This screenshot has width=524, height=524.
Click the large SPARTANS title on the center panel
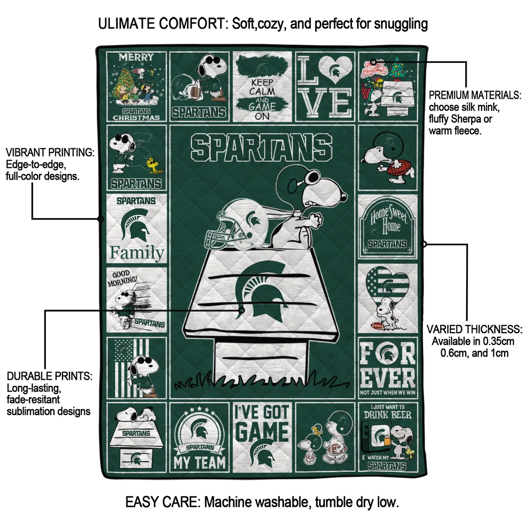[x=261, y=147]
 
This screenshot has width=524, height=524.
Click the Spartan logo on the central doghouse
[x=261, y=289]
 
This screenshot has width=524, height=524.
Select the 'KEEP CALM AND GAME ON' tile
[x=262, y=86]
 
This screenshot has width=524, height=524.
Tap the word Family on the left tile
[x=137, y=253]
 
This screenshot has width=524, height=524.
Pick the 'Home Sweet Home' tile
[x=387, y=226]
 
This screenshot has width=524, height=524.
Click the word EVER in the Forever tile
[x=387, y=378]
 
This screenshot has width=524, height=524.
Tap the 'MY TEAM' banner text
[x=200, y=463]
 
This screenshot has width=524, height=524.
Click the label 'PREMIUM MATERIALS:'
[x=475, y=95]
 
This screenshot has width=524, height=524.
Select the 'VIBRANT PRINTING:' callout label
[x=50, y=153]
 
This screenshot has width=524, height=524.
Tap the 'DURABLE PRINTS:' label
[x=50, y=376]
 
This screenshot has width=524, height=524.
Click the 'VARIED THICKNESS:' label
[x=474, y=329]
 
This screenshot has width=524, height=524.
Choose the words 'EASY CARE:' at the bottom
[x=163, y=502]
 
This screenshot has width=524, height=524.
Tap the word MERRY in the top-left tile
[x=136, y=57]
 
